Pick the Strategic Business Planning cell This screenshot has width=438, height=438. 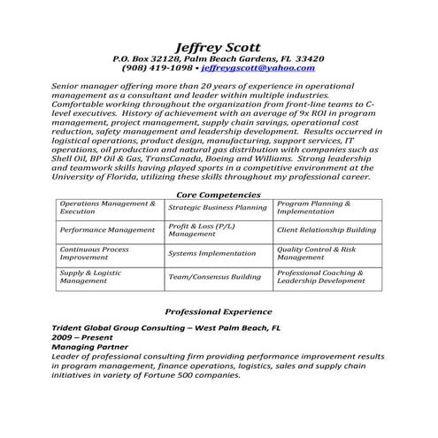tap(217, 207)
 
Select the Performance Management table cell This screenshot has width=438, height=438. tap(107, 229)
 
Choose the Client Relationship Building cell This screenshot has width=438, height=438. tap(327, 229)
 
